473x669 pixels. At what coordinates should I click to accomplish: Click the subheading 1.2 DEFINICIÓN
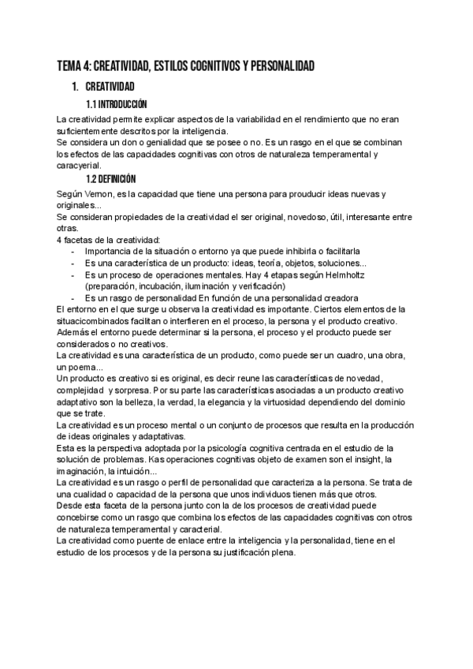tap(111, 180)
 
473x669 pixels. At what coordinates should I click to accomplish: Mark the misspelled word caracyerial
tap(79, 166)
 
